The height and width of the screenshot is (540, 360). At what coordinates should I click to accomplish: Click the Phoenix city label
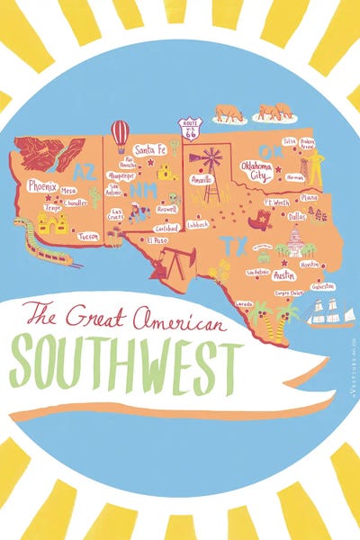41,186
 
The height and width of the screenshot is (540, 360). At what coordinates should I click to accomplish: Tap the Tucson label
88,236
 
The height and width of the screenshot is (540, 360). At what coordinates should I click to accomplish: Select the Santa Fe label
149,149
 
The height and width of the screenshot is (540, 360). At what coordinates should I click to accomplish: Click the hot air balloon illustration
120,135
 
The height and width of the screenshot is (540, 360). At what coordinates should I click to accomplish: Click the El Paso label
157,240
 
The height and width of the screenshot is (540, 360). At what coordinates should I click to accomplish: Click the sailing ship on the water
328,310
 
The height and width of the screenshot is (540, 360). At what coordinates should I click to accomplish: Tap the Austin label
283,275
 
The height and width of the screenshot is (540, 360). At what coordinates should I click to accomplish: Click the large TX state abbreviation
234,244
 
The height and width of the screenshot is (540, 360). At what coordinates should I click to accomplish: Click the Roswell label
166,208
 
